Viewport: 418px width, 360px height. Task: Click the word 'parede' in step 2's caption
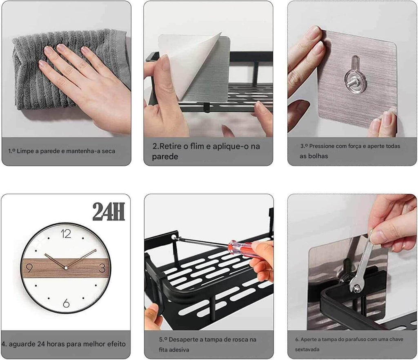[x=165, y=156]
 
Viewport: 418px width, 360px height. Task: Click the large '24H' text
[x=109, y=211]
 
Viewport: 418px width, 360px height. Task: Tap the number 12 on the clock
[x=66, y=234]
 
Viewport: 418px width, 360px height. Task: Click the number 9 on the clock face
[x=29, y=268]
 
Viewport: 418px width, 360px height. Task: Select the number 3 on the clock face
[x=102, y=268]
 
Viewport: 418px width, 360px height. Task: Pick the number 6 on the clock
[x=66, y=303]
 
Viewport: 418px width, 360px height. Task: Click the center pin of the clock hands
[x=66, y=268]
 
